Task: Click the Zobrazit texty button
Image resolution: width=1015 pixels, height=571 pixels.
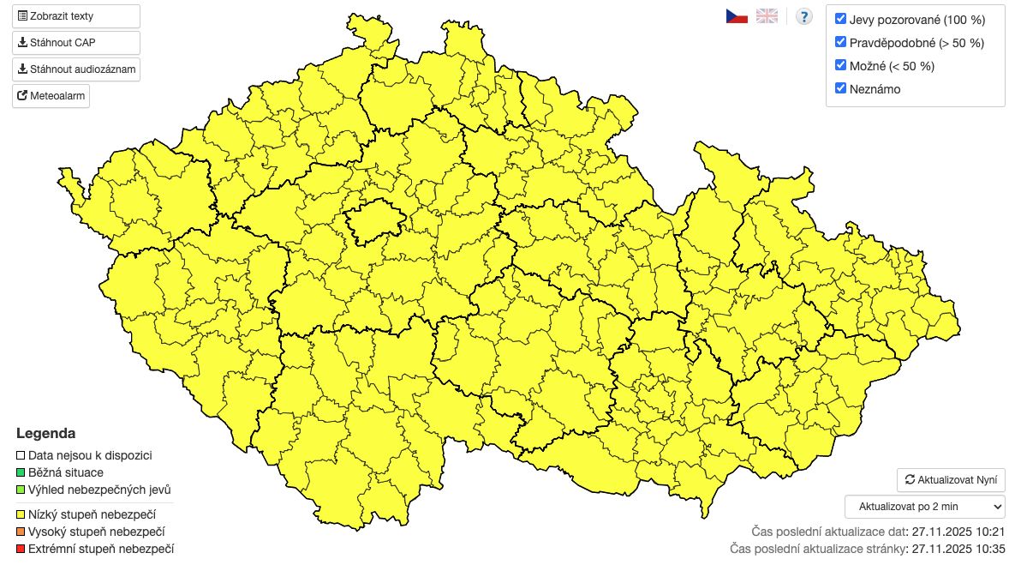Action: [75, 16]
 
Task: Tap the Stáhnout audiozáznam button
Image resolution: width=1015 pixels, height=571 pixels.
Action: [75, 69]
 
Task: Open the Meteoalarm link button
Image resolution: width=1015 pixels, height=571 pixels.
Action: [51, 96]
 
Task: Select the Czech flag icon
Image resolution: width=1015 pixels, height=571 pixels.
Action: [737, 16]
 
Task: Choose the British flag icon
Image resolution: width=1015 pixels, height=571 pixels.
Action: [767, 16]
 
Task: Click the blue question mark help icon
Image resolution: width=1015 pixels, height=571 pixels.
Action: [803, 16]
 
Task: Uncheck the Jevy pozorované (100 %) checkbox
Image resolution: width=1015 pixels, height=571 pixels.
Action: [841, 19]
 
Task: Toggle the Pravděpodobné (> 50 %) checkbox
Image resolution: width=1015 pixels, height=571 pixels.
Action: [841, 42]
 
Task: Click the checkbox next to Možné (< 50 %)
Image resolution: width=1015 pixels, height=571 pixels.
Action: [841, 65]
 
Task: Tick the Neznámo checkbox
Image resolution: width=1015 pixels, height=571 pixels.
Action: [841, 88]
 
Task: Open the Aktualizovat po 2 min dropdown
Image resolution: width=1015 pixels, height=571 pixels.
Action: [925, 507]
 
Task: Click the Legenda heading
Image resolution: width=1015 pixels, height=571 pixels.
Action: [45, 433]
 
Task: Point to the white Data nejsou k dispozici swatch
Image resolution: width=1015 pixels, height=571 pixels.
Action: [21, 456]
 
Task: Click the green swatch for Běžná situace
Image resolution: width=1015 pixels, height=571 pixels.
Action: [21, 472]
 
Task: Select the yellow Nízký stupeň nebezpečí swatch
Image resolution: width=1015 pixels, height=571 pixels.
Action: [21, 514]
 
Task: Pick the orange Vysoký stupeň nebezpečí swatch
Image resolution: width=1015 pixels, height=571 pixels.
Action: [21, 532]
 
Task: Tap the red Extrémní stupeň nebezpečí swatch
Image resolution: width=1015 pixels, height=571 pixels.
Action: [21, 549]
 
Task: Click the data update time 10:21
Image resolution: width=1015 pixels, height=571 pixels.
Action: [989, 532]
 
